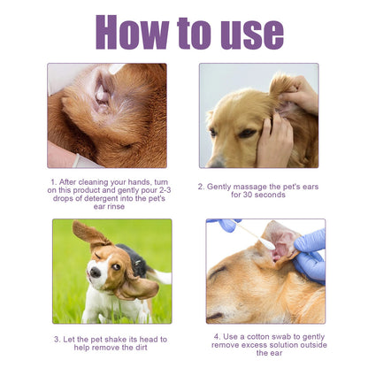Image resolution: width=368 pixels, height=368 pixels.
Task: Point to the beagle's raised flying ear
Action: (88, 235)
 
